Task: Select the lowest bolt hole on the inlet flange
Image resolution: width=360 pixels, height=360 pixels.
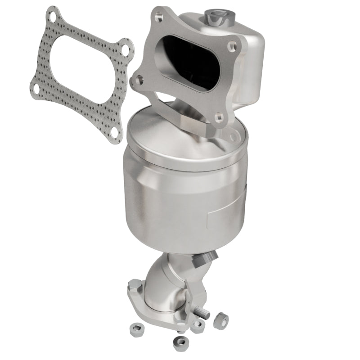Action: coord(219,118)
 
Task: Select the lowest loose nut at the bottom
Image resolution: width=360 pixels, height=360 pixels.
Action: coord(180,343)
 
